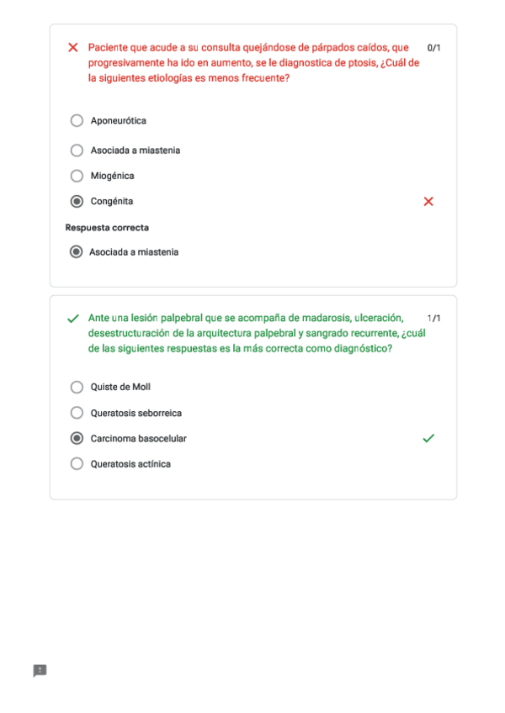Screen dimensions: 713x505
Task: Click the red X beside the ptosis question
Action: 72,48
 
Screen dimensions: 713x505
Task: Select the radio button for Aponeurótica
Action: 77,121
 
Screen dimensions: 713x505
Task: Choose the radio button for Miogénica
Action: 77,176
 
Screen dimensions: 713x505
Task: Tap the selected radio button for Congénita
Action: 77,202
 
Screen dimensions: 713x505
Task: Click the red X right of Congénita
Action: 428,202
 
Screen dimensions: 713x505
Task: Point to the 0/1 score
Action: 433,48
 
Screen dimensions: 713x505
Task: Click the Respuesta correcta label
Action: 107,228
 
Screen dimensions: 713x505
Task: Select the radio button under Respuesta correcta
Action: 77,252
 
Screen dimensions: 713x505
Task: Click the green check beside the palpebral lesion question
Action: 72,319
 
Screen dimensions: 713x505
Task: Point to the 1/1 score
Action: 433,319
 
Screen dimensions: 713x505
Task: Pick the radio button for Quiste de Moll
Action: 77,388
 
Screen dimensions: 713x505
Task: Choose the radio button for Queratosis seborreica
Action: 77,413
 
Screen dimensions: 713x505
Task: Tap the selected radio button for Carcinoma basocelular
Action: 77,439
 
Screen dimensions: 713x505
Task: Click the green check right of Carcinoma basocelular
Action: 428,438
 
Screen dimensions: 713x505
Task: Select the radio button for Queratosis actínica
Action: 77,464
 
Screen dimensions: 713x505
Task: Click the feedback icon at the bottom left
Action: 40,670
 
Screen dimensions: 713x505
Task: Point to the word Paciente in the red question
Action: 107,48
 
